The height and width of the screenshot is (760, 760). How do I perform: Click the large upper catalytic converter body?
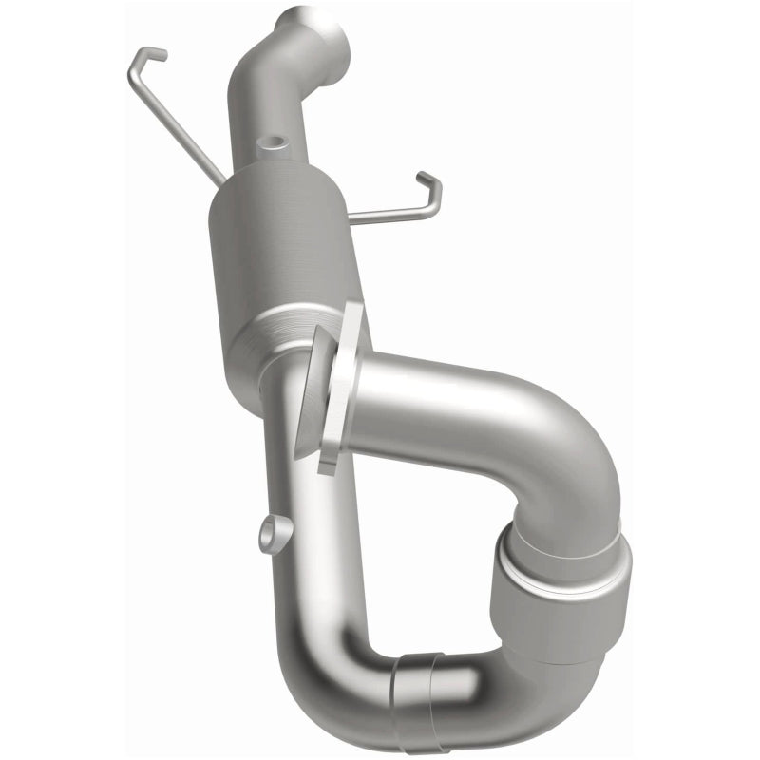[x=280, y=242]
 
